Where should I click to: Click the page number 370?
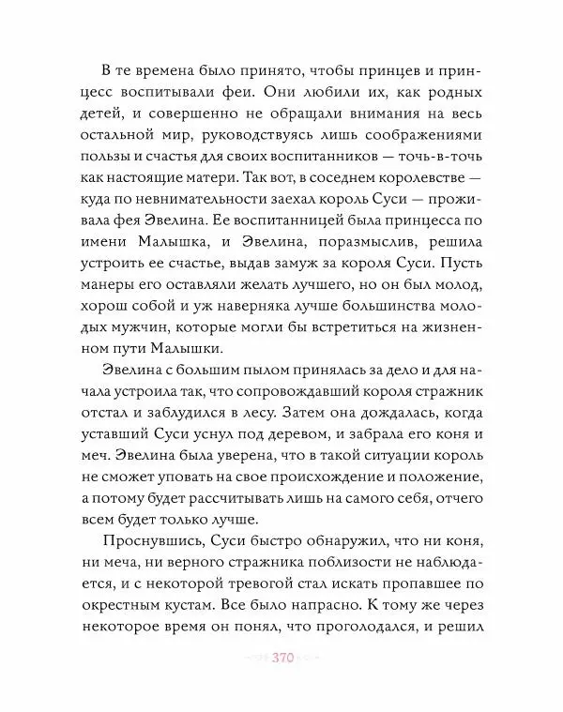coord(282,658)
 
